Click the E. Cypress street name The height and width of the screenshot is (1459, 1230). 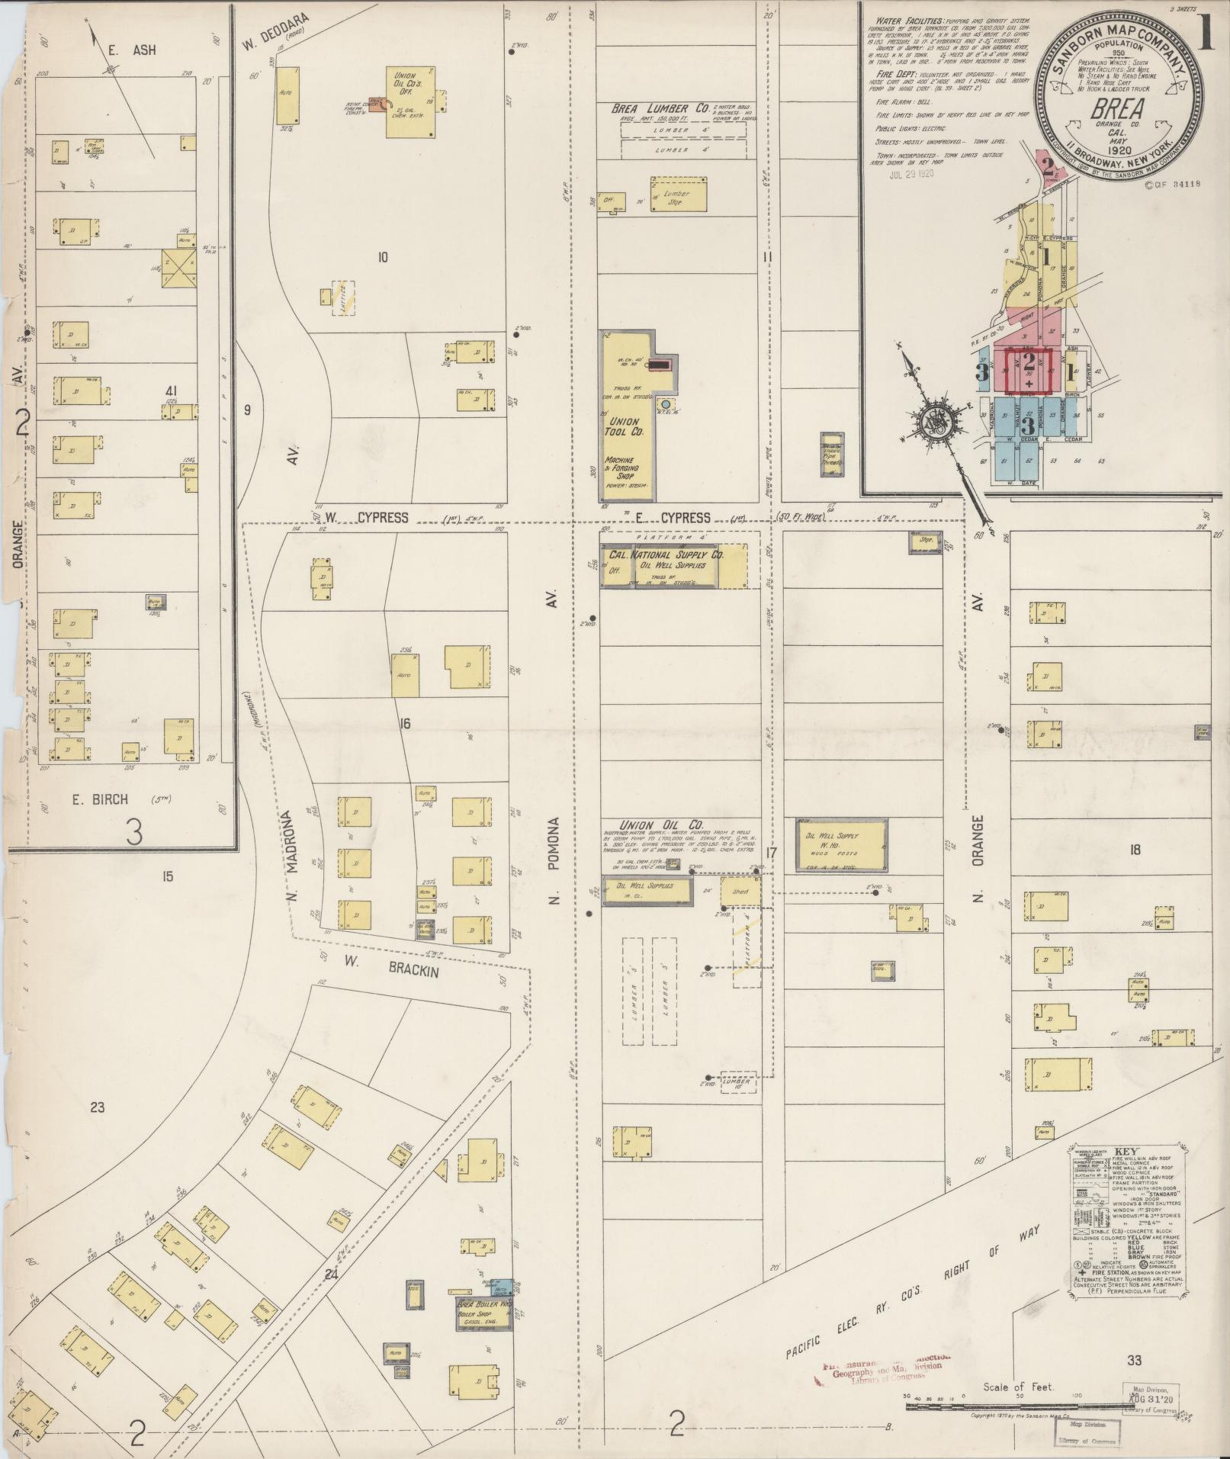(x=673, y=517)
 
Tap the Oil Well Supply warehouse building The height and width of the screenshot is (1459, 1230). (x=841, y=845)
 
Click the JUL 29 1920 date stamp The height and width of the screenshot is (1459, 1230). (x=911, y=173)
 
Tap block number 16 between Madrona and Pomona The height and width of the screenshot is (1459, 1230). (x=404, y=723)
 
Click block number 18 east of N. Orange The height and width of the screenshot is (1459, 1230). (x=1135, y=850)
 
